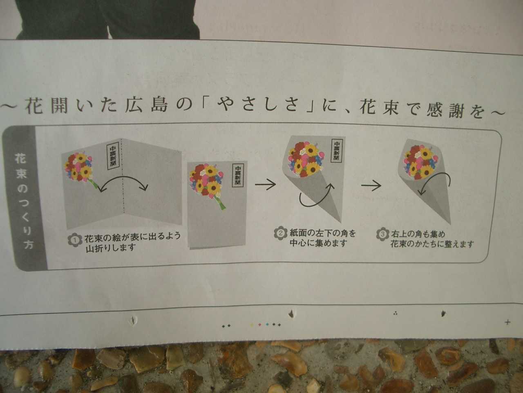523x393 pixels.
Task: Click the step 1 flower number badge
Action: [x=75, y=239]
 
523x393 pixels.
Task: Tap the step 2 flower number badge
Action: [x=280, y=233]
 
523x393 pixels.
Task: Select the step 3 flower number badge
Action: [x=382, y=234]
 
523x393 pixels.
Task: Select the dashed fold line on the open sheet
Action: [x=123, y=175]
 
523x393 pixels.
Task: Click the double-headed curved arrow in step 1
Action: [x=123, y=177]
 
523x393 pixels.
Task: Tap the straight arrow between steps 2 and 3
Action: [x=371, y=185]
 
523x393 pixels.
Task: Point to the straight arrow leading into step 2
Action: [x=266, y=184]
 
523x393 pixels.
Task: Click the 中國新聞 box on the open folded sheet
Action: [x=113, y=156]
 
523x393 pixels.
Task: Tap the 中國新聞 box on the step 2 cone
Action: [x=336, y=151]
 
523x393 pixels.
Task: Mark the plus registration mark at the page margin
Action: [x=507, y=322]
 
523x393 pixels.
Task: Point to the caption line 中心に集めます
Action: [x=318, y=243]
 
